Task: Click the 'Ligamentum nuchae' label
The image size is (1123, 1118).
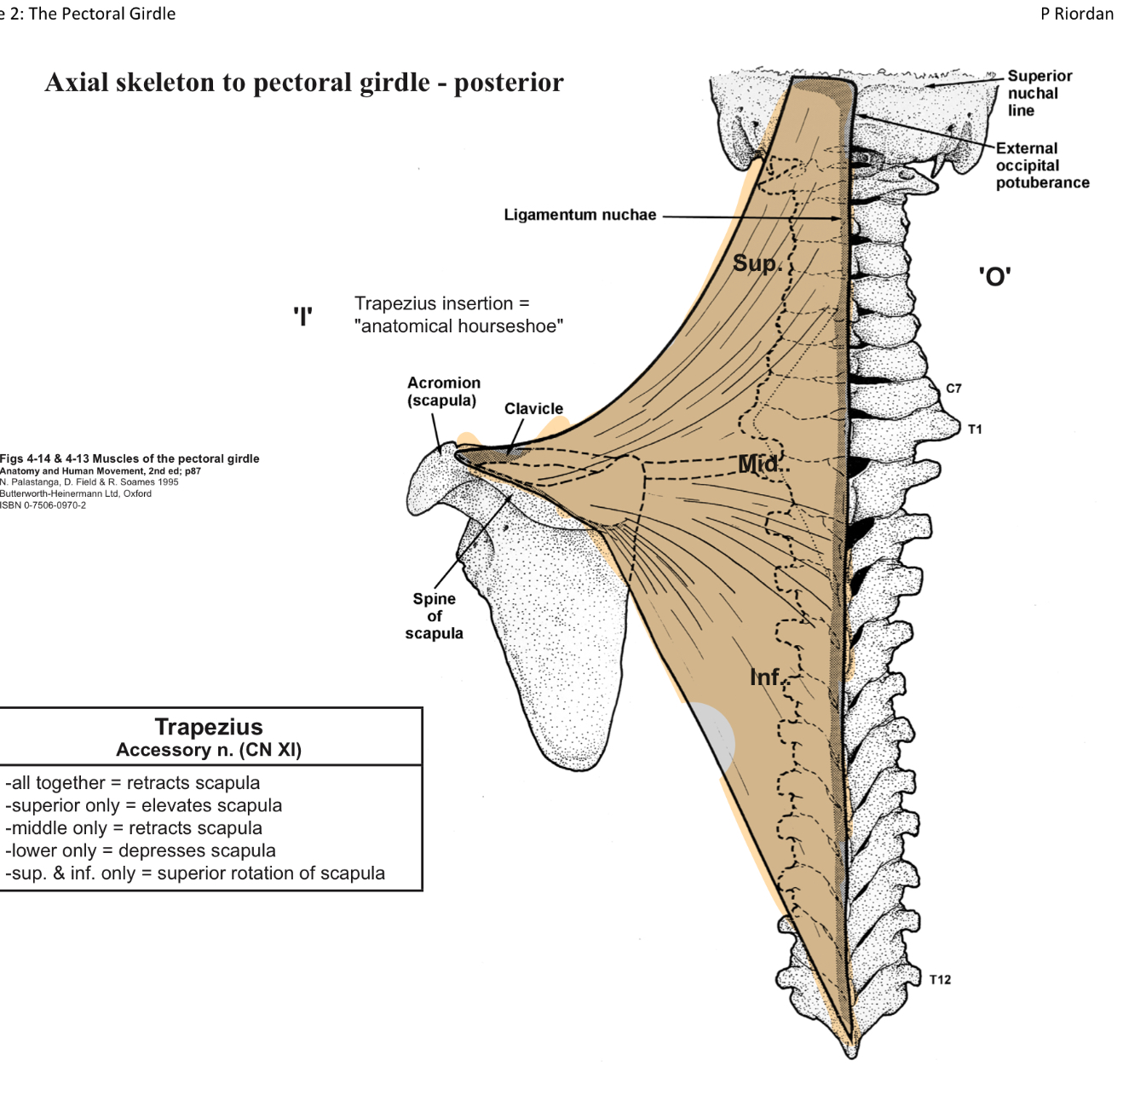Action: pyautogui.click(x=579, y=215)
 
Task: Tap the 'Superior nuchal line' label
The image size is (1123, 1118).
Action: pyautogui.click(x=1039, y=93)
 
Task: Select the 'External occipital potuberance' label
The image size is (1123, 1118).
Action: pyautogui.click(x=1042, y=165)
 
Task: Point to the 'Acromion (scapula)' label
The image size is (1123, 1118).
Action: pyautogui.click(x=443, y=392)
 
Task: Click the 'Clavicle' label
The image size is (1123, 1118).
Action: pyautogui.click(x=533, y=409)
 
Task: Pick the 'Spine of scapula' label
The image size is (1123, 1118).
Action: pyautogui.click(x=434, y=616)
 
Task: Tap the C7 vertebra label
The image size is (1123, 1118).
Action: pyautogui.click(x=953, y=389)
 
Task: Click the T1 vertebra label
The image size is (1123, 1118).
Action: pyautogui.click(x=975, y=429)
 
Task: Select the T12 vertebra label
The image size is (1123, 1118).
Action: pyautogui.click(x=940, y=980)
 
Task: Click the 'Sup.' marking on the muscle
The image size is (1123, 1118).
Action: pyautogui.click(x=757, y=263)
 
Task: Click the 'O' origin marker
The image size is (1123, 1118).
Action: pyautogui.click(x=994, y=277)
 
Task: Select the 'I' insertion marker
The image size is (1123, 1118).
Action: pyautogui.click(x=302, y=316)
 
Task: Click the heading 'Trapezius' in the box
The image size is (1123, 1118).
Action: pyautogui.click(x=209, y=727)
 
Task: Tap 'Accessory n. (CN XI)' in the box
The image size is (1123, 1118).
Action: pyautogui.click(x=209, y=750)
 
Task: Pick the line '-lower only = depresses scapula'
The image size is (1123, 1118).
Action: pyautogui.click(x=141, y=850)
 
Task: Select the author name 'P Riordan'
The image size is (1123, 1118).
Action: pyautogui.click(x=1076, y=14)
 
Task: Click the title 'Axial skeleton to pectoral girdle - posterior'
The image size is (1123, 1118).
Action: pyautogui.click(x=304, y=83)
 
